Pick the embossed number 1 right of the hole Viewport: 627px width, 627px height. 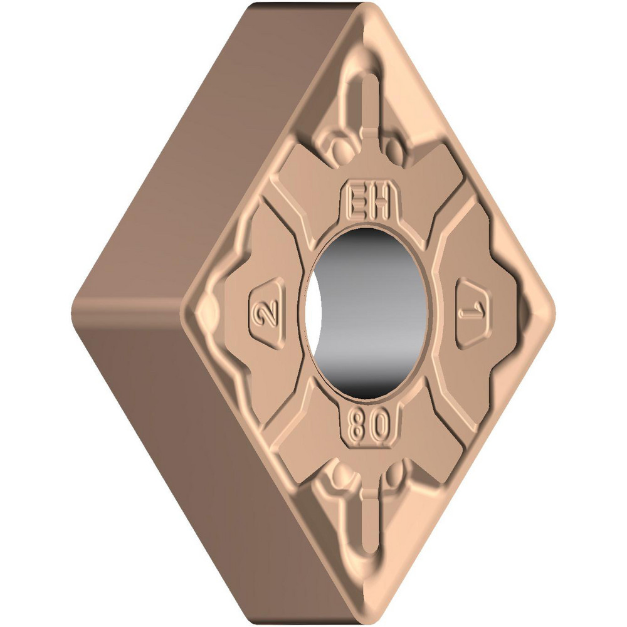pyautogui.click(x=475, y=312)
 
